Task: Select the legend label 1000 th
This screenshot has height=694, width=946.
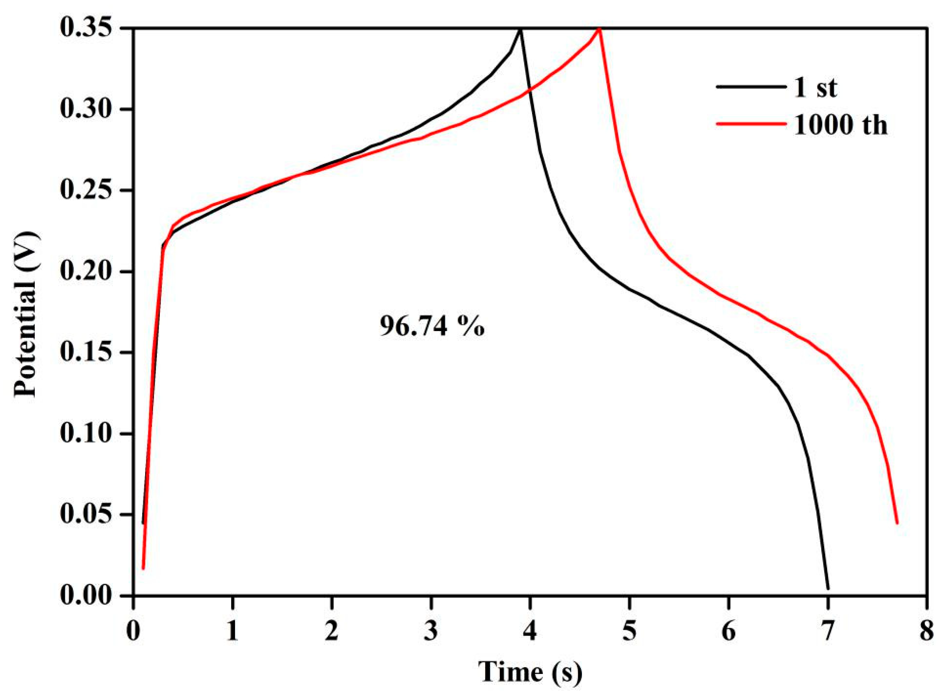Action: (840, 125)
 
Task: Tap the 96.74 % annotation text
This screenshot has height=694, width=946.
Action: (432, 326)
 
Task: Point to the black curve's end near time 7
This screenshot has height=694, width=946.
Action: (828, 589)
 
